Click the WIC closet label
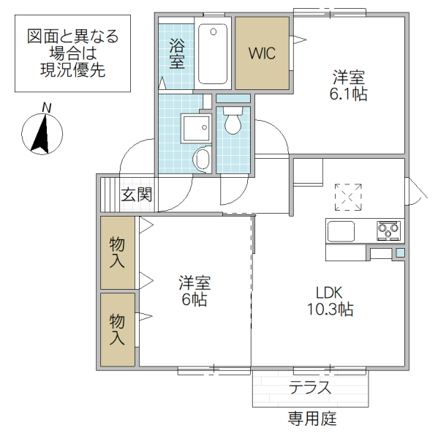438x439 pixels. click(x=261, y=53)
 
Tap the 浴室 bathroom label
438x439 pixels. click(x=177, y=53)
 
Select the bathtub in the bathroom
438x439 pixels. click(x=214, y=54)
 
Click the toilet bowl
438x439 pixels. click(x=233, y=122)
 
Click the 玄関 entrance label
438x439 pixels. click(x=136, y=195)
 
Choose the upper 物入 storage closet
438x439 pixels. click(x=117, y=252)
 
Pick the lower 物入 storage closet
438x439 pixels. click(x=117, y=329)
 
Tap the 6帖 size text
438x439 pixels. click(x=195, y=299)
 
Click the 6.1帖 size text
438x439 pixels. click(x=348, y=94)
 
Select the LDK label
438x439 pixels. click(x=329, y=291)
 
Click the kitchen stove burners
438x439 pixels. click(x=388, y=231)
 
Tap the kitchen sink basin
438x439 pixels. click(x=341, y=231)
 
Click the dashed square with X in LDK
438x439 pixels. click(x=348, y=195)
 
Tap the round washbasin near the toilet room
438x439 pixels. click(x=203, y=159)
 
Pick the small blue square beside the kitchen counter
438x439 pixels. click(x=400, y=253)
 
